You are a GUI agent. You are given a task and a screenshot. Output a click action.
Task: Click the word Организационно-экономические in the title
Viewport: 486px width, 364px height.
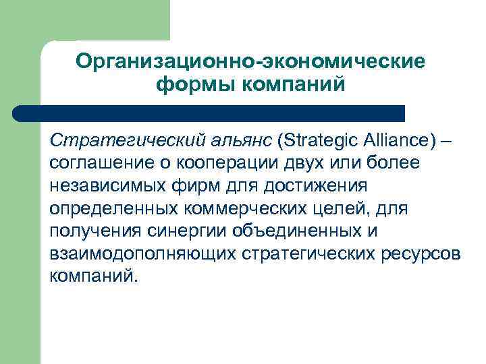coord(250,61)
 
